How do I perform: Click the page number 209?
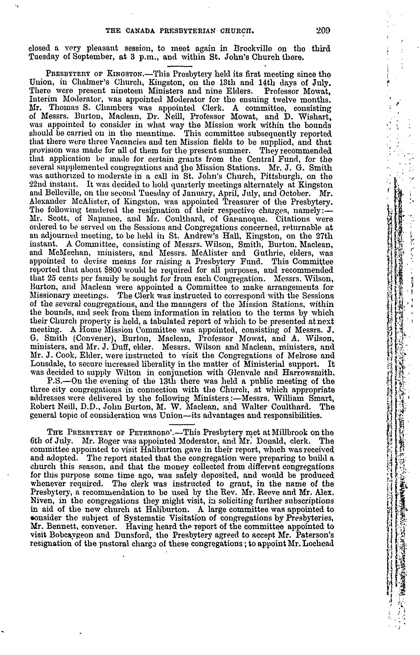pos(323,31)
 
